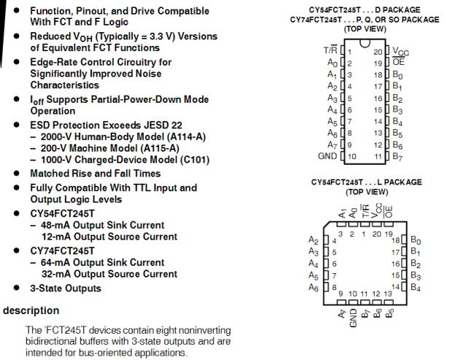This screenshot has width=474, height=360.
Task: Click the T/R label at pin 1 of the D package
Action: point(329,50)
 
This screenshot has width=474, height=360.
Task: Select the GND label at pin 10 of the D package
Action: point(328,156)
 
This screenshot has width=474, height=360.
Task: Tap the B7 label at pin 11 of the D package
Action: point(397,156)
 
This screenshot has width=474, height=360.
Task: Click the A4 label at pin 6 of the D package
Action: point(332,109)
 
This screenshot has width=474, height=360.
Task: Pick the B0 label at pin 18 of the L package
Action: point(416,240)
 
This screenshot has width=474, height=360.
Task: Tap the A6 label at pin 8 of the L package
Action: point(314,287)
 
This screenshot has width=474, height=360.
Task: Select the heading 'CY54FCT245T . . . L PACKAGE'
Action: point(366,182)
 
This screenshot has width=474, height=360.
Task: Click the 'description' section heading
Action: point(31,310)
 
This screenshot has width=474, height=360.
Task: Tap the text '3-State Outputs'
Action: point(66,288)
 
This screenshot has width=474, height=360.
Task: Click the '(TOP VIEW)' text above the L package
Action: point(366,192)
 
